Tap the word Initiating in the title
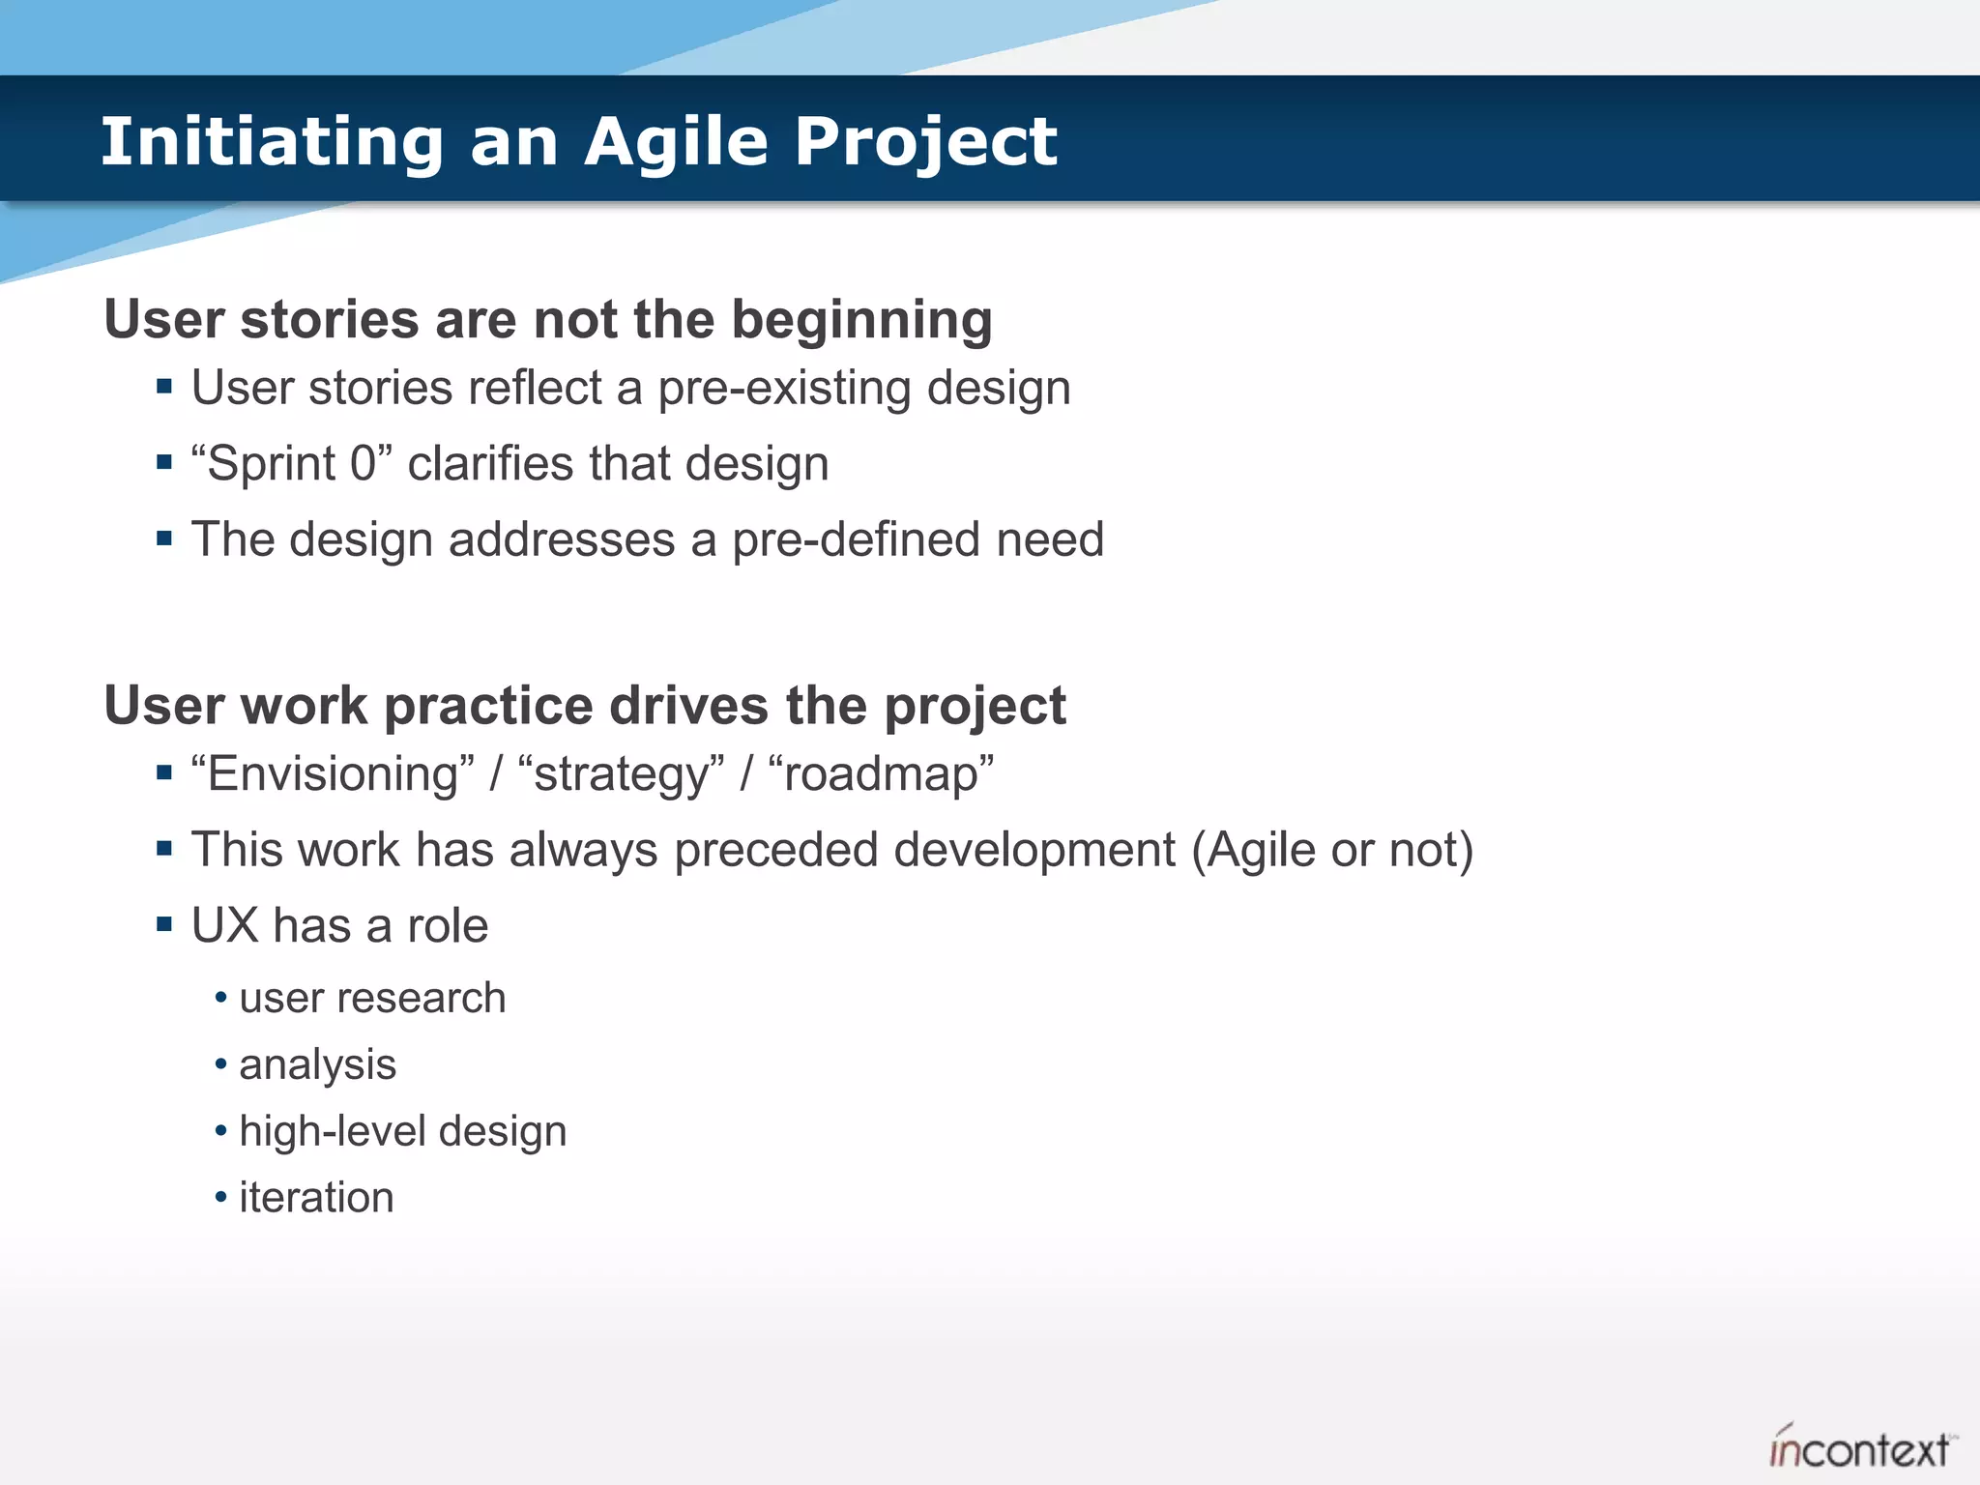[272, 142]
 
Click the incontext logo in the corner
[1858, 1448]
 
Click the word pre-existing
[784, 389]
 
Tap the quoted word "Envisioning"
[333, 774]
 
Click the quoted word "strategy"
[621, 774]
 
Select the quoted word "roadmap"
[880, 774]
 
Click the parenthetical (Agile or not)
[1332, 850]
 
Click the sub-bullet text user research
[372, 998]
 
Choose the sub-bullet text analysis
[317, 1064]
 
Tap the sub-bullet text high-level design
[402, 1131]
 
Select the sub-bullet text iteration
[316, 1198]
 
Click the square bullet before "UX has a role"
[163, 925]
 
